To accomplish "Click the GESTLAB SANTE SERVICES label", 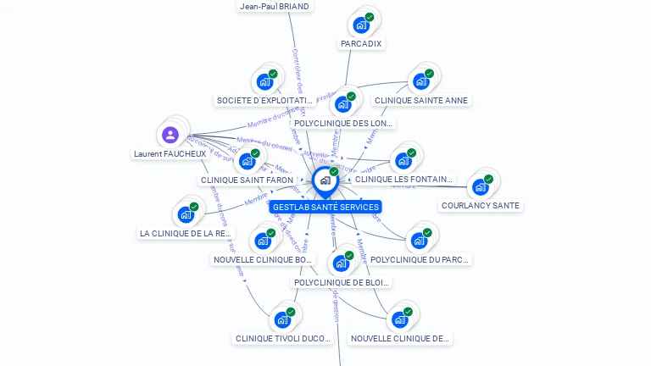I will click(325, 207).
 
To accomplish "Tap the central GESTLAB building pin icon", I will click(325, 180).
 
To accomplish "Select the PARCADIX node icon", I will click(361, 25).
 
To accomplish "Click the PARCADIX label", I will click(361, 43).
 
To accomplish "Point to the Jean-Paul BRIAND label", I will click(275, 6).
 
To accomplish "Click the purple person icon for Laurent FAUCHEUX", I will click(170, 135).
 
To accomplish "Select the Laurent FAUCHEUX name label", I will click(170, 154).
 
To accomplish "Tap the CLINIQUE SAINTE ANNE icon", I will click(420, 81).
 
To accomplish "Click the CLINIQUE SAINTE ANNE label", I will click(421, 100).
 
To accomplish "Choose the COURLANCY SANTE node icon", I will click(481, 186).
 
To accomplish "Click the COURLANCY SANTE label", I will click(481, 205).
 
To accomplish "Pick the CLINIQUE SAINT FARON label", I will click(247, 180).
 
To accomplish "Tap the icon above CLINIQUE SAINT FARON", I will click(247, 160).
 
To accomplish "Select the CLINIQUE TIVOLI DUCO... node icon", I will click(282, 319).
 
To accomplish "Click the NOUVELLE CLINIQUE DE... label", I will click(400, 338).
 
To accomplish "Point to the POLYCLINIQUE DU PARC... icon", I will click(419, 241).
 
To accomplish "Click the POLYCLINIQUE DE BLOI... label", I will click(342, 282).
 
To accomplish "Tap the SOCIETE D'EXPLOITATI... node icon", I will click(264, 81).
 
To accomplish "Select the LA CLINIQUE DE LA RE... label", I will click(186, 233).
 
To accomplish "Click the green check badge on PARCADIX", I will click(370, 17).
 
